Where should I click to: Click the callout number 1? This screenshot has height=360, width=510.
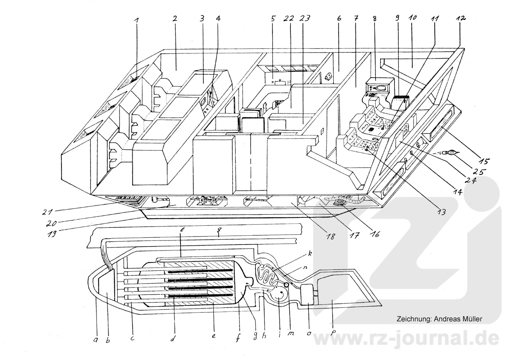tap(137, 27)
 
